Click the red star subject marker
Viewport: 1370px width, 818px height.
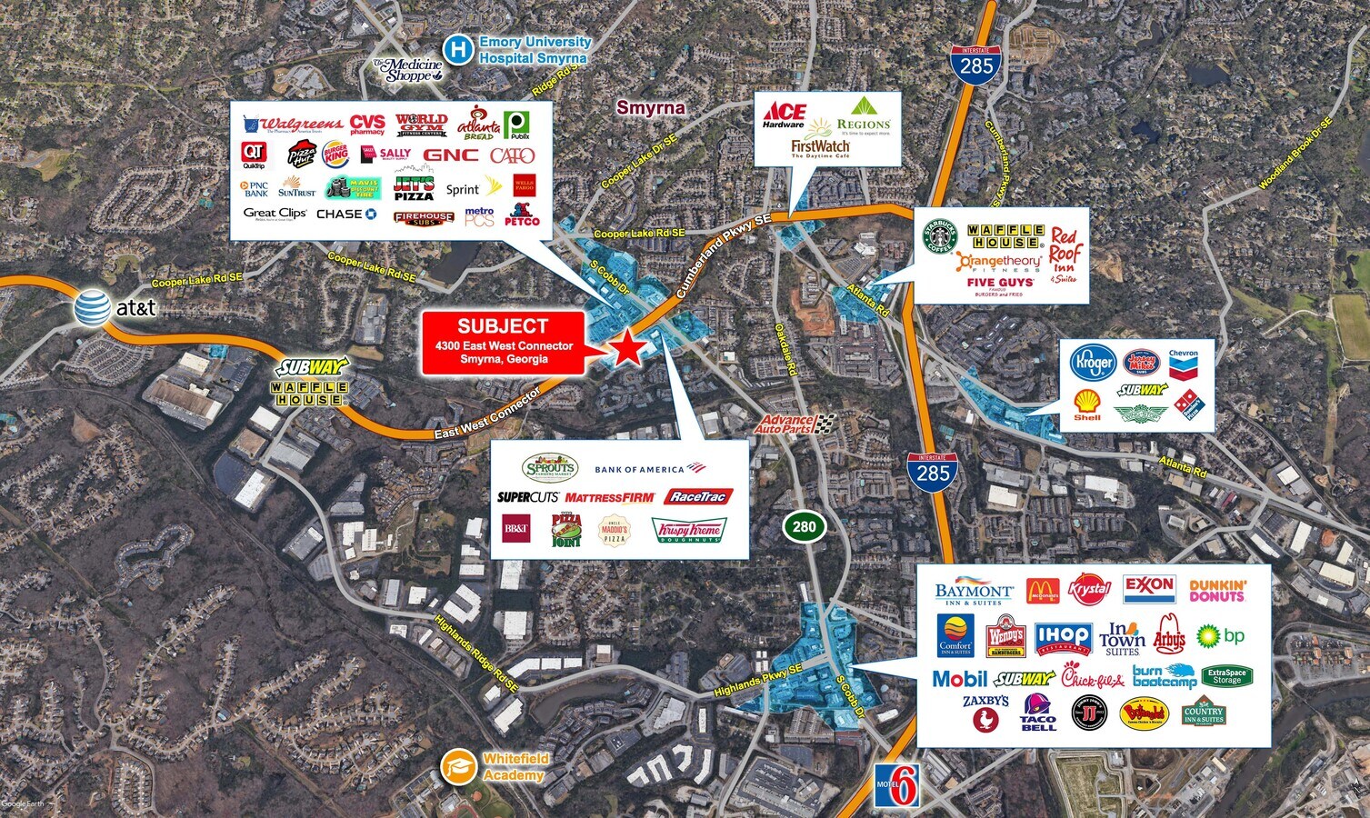click(626, 347)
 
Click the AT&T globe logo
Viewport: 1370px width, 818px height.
click(93, 307)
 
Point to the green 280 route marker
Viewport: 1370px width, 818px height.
click(804, 526)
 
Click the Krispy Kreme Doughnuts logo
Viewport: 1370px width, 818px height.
click(687, 531)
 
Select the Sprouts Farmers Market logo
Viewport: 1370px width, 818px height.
click(550, 467)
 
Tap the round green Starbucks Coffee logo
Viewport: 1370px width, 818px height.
click(941, 236)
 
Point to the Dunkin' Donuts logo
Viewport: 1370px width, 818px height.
click(1216, 591)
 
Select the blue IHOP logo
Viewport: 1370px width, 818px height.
click(1063, 637)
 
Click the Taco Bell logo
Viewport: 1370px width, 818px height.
click(1038, 713)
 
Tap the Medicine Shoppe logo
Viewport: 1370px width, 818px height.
click(407, 70)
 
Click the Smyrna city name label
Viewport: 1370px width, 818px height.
click(650, 108)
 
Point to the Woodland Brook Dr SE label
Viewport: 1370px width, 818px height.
click(1295, 154)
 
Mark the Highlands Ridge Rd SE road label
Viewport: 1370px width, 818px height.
click(475, 654)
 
